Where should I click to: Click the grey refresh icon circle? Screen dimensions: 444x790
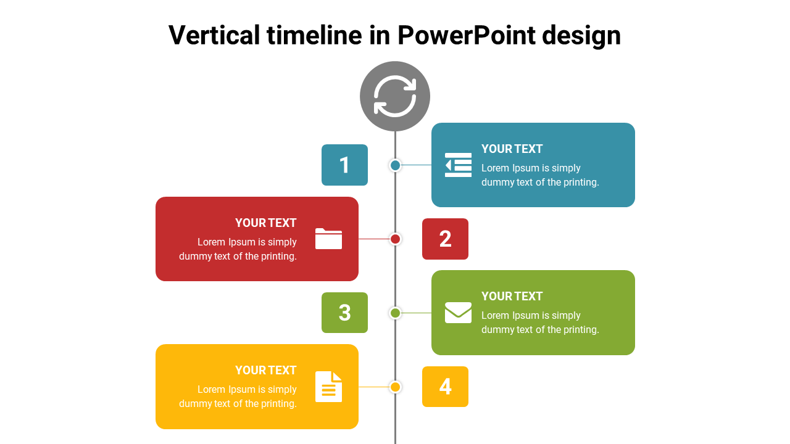point(395,96)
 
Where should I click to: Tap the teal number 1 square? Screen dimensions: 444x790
point(344,165)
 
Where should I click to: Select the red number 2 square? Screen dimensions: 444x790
point(445,239)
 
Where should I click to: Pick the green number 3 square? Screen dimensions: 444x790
point(344,313)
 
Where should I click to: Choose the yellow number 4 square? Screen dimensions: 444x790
point(445,387)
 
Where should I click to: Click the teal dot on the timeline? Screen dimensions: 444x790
point(395,165)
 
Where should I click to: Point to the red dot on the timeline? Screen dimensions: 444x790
point(396,239)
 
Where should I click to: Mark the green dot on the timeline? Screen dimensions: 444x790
point(395,313)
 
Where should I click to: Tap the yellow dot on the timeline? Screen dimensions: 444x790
point(395,387)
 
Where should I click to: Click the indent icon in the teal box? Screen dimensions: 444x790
point(458,165)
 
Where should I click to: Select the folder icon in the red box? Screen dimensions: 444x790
point(328,239)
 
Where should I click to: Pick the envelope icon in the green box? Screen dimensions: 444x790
point(458,313)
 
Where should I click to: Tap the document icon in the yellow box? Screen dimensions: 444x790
point(328,387)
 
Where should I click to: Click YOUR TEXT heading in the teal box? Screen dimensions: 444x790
point(512,149)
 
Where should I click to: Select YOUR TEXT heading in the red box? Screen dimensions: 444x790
point(265,223)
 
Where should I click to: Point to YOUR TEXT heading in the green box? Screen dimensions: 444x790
point(512,297)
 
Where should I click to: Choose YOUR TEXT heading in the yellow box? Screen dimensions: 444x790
point(265,371)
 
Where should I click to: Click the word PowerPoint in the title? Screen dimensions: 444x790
point(466,35)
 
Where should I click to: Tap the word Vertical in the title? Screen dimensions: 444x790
point(214,35)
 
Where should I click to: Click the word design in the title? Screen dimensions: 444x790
point(581,35)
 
